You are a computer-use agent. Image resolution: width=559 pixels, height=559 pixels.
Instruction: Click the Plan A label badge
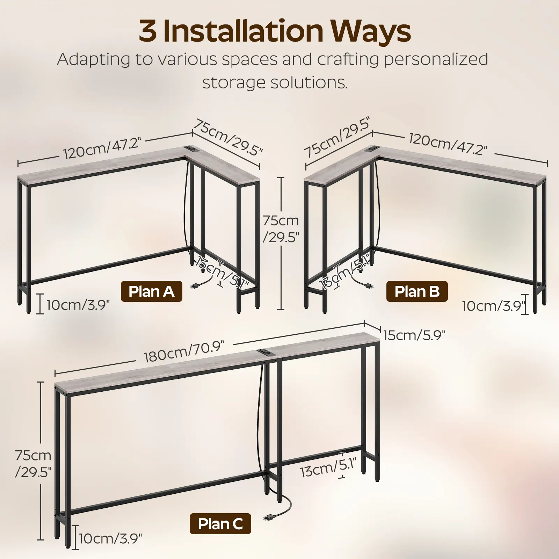click(x=151, y=291)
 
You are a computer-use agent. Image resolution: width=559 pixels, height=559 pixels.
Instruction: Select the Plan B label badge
click(x=417, y=291)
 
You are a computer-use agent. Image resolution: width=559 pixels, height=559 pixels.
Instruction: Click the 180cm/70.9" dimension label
click(x=183, y=352)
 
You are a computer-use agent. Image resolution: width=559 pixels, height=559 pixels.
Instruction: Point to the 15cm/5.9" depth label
click(x=414, y=335)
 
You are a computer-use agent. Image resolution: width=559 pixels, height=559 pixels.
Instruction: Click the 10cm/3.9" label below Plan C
click(x=110, y=548)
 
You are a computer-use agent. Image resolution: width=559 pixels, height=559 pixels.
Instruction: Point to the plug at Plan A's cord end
click(x=193, y=286)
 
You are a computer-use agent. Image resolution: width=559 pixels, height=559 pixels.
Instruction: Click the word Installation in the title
click(x=242, y=31)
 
